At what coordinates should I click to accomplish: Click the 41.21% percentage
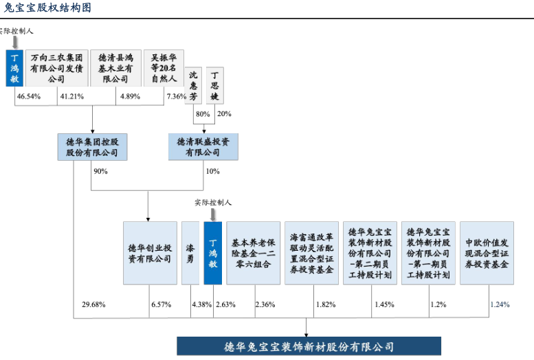click(x=72, y=96)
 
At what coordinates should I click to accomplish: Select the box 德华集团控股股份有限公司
click(x=92, y=146)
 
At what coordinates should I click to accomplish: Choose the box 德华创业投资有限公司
click(x=149, y=253)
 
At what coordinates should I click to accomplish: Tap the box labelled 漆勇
click(x=190, y=253)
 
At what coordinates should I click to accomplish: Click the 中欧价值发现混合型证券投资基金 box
click(x=487, y=253)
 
